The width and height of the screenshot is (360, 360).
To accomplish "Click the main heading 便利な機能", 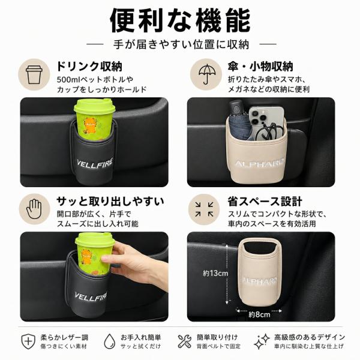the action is point(180,20).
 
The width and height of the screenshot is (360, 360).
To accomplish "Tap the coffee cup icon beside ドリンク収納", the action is point(34,74).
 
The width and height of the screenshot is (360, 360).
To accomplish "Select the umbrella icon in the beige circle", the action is point(206,74).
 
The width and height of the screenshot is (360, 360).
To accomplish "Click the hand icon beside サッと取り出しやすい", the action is point(34,209).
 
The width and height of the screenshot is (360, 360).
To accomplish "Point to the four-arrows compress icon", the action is point(204,209).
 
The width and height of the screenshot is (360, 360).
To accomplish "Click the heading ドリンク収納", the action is point(89,67).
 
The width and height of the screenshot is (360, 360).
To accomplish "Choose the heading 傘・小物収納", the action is point(260,67).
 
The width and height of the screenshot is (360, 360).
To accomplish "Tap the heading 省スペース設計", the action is point(265,202).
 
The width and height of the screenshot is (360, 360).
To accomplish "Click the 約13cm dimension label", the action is point(215,273).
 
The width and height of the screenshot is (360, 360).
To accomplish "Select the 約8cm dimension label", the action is point(259,314).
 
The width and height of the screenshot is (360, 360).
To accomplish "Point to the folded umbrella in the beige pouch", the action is point(239,120).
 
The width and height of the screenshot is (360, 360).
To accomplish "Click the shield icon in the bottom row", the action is point(28,341).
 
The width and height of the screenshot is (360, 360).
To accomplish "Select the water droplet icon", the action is point(110,341).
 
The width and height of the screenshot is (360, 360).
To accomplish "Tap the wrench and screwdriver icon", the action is point(184,341).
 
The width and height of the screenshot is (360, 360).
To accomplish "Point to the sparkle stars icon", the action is point(262,341).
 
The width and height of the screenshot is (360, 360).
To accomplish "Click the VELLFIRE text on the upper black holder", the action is point(95,164).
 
